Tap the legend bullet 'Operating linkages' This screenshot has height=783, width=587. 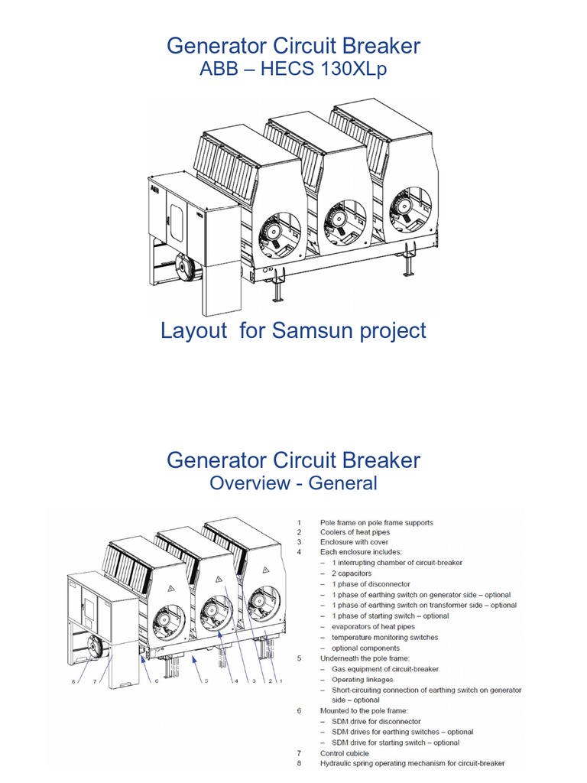362,679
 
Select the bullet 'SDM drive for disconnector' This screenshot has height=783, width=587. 375,721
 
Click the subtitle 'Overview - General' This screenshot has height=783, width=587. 293,483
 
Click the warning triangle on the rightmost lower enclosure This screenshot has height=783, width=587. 265,570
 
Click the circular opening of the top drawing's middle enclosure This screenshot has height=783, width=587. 336,223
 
